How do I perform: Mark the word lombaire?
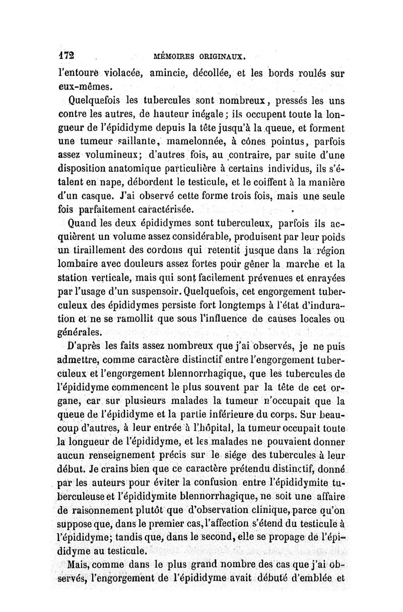tap(77, 263)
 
